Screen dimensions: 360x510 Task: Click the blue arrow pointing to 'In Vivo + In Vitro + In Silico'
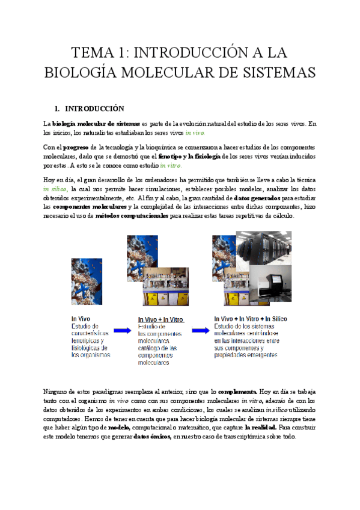[200, 330]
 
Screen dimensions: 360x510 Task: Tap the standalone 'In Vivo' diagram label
[81, 319]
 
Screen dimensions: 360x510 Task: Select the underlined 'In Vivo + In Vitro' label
[161, 319]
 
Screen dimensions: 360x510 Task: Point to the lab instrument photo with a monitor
[270, 283]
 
